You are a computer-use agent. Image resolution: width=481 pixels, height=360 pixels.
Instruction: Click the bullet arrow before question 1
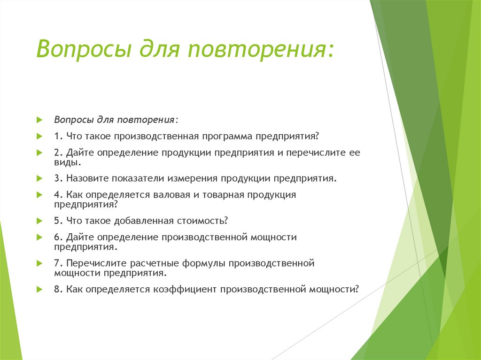click(x=40, y=136)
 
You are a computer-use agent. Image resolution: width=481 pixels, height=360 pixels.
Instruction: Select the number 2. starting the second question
click(x=58, y=153)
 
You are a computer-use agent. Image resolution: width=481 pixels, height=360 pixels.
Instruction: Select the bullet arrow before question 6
click(x=40, y=237)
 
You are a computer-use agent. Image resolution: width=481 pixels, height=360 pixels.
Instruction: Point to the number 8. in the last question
click(x=58, y=289)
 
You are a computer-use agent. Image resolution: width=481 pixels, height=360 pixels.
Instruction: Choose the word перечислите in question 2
click(x=308, y=153)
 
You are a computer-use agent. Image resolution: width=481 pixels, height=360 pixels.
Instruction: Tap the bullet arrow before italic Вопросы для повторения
click(x=40, y=120)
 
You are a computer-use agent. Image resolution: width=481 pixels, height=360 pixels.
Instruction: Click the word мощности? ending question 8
click(x=334, y=289)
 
